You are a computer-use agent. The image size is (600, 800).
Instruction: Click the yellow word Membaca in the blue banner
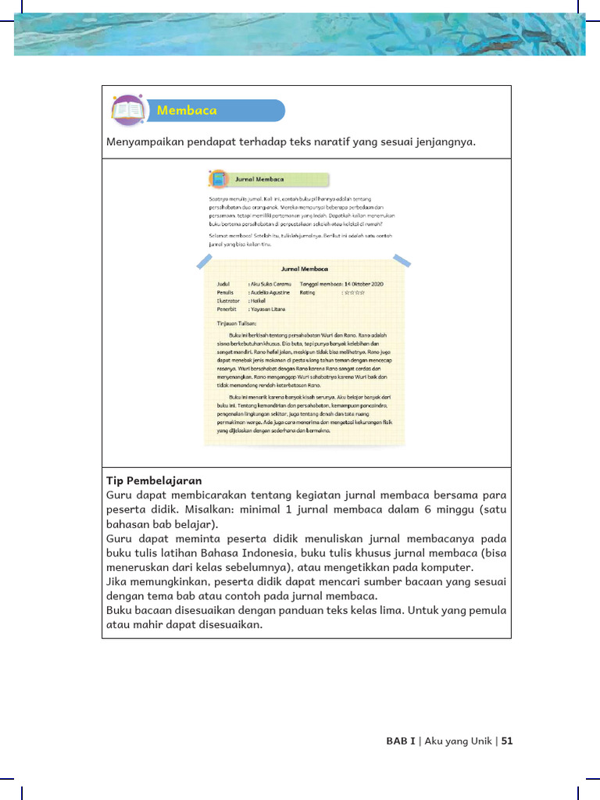187,110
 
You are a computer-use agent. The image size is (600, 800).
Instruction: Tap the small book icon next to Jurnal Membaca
219,180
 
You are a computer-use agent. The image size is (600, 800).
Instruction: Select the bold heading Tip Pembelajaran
154,480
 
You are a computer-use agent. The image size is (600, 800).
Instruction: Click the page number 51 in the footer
506,741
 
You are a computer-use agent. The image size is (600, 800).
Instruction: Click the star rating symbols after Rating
355,292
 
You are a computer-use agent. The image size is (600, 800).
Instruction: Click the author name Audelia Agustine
270,292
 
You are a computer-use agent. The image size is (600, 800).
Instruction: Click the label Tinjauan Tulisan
237,323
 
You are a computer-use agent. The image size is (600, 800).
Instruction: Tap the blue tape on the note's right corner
401,259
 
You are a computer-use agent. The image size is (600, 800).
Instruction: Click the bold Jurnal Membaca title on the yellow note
305,268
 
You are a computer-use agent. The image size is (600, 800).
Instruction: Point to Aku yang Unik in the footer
458,741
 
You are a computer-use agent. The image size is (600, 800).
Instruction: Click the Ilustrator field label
228,301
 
